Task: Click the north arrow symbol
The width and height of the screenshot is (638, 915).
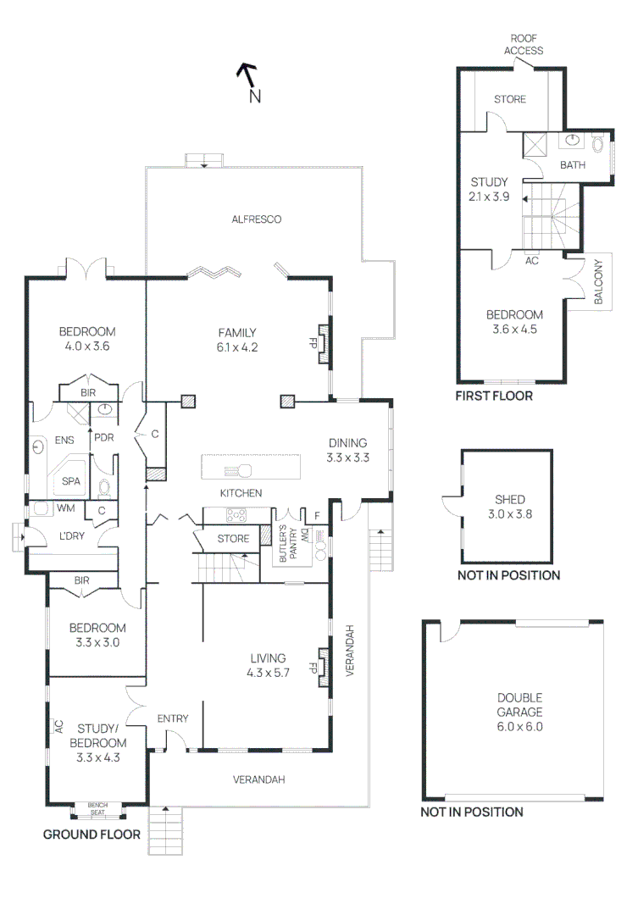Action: [x=247, y=74]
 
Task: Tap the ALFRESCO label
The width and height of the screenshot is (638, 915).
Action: [x=256, y=219]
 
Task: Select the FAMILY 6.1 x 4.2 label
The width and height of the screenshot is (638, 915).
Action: [x=237, y=340]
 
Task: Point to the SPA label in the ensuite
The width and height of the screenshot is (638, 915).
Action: [x=70, y=481]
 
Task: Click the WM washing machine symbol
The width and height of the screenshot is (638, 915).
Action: [x=41, y=507]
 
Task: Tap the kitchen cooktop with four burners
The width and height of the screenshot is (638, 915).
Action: [x=236, y=515]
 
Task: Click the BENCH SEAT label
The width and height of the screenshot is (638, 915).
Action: [x=97, y=809]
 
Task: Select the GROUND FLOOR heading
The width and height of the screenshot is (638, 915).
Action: [x=92, y=835]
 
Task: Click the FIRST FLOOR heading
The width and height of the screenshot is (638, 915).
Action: [x=494, y=396]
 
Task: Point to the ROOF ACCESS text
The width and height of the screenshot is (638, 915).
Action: [x=524, y=44]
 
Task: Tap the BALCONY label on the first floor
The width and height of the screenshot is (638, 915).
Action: [x=598, y=281]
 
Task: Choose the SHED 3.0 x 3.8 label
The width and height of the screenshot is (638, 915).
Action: [x=509, y=507]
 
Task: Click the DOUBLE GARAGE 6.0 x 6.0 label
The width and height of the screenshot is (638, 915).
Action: [x=519, y=712]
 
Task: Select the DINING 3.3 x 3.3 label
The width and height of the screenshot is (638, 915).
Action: [x=347, y=450]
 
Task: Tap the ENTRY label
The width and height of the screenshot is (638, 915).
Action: [x=173, y=718]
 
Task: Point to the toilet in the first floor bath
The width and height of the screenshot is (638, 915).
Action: [x=597, y=143]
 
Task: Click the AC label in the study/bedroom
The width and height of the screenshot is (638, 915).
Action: [x=59, y=726]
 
